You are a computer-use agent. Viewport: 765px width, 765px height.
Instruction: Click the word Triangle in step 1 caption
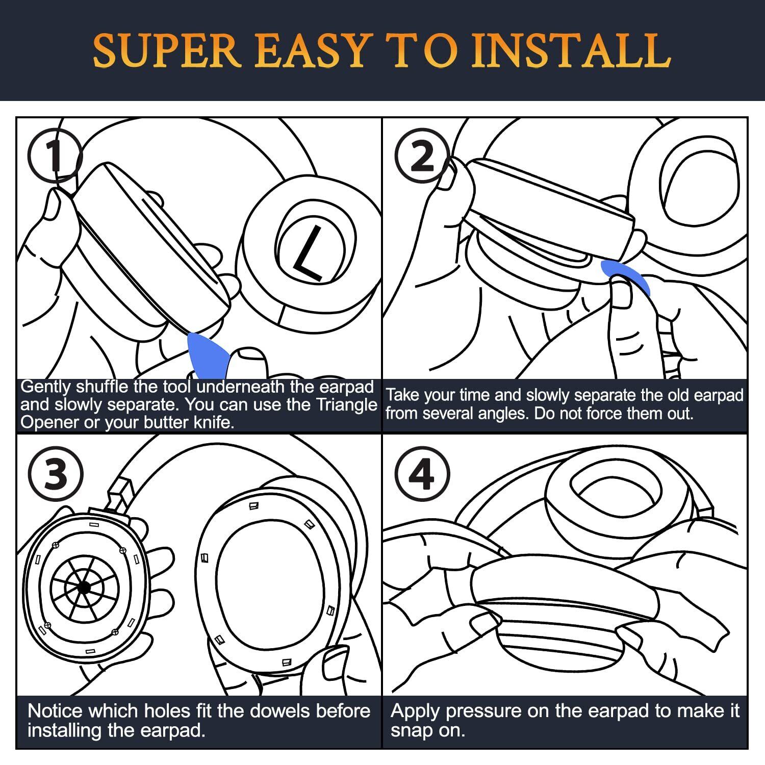(x=347, y=404)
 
